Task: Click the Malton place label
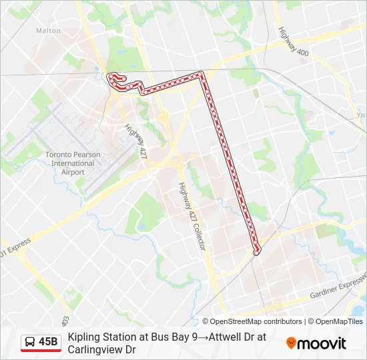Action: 48,31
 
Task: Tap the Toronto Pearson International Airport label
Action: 73,163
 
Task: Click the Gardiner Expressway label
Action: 337,289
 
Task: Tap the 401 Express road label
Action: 15,248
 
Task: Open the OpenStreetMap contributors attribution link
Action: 252,321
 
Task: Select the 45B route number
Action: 48,343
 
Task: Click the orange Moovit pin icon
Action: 291,343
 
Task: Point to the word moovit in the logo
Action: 322,343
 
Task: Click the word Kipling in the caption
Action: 82,337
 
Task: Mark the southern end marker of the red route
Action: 256,251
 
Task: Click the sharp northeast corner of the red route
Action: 202,75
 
